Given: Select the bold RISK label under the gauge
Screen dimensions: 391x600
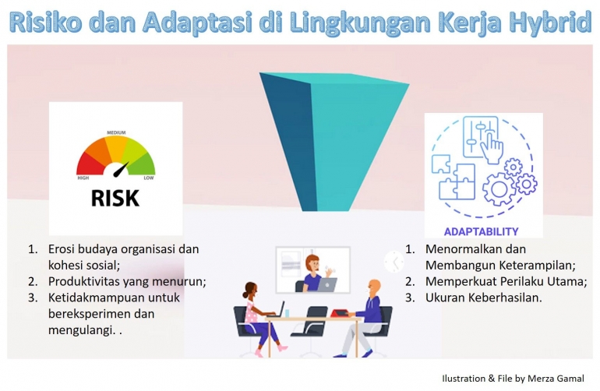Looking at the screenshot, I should [115, 197].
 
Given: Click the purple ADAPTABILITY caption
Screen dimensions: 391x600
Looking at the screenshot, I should [481, 231].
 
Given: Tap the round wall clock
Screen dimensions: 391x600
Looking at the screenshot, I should [394, 262].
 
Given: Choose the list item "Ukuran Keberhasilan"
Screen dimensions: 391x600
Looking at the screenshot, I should [483, 298].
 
